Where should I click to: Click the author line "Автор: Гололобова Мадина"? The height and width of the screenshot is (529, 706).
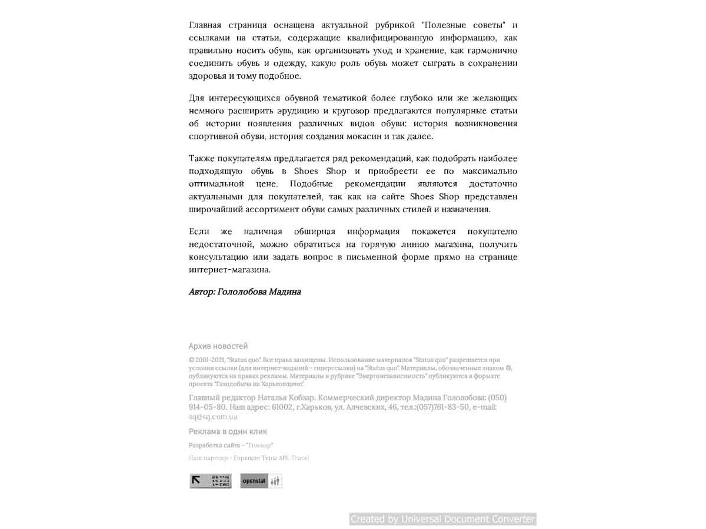[x=245, y=292]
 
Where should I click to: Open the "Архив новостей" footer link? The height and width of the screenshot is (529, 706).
[x=218, y=346]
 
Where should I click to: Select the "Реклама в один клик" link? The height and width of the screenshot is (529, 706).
[x=228, y=431]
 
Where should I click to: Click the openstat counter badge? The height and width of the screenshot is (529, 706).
[x=261, y=481]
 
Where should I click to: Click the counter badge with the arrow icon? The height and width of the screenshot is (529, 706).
[x=210, y=481]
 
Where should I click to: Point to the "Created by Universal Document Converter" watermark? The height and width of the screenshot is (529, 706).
[x=442, y=519]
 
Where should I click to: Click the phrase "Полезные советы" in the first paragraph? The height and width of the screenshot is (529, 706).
[x=466, y=25]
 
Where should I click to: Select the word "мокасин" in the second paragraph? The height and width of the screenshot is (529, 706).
[x=366, y=136]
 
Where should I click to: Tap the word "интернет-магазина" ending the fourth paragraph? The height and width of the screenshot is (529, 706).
[x=229, y=270]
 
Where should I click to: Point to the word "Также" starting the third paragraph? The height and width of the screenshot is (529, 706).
[x=202, y=159]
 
